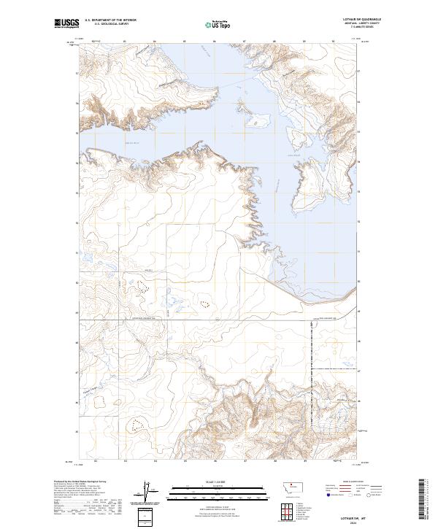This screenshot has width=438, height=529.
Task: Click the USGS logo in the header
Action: (66, 24)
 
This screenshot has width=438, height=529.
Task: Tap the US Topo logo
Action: (218, 25)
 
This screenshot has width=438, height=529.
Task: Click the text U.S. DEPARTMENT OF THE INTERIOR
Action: (110, 20)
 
